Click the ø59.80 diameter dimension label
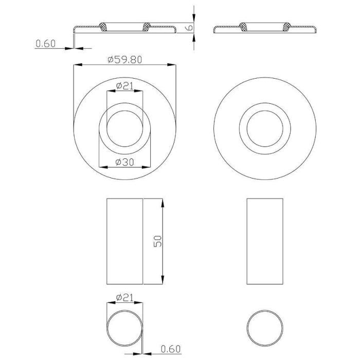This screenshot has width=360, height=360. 124,60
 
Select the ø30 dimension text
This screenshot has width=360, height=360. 124,163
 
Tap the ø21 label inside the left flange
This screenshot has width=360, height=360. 124,86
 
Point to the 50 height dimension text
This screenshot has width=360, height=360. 158,241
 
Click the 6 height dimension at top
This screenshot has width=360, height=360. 190,28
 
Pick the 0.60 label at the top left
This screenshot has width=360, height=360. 46,44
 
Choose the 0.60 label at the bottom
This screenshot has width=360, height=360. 171,349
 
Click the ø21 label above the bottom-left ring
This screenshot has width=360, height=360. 124,298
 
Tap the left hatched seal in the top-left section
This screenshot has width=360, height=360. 103,27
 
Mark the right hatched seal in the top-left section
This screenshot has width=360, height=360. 146,27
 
